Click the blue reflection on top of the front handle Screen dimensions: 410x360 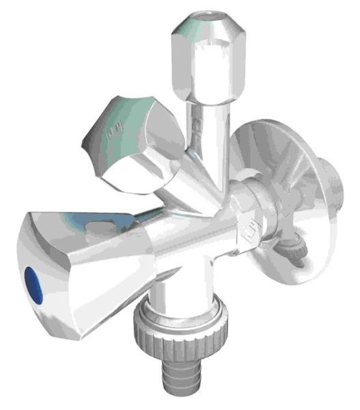pos(96,222)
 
